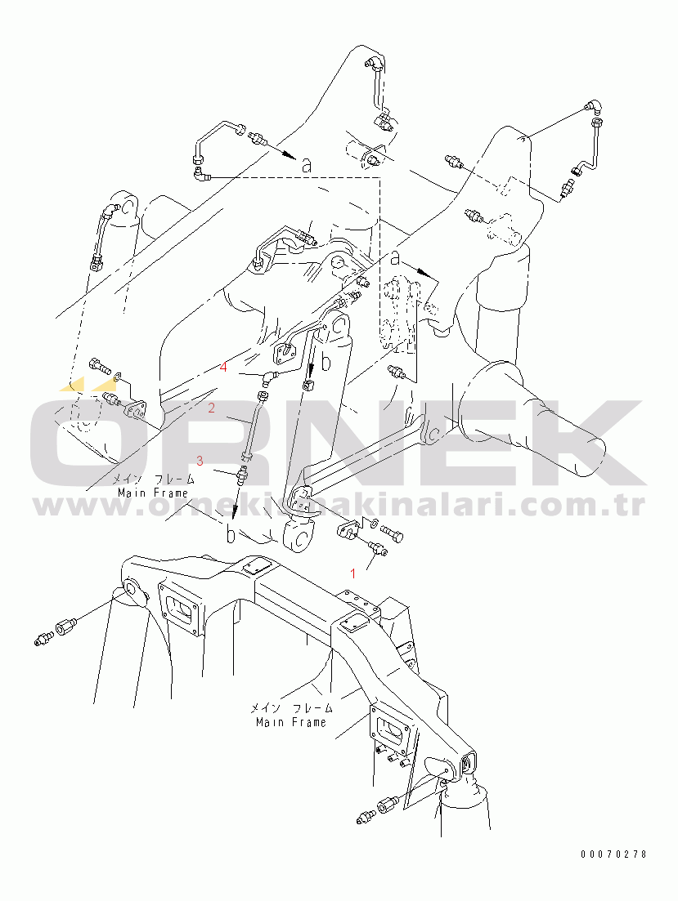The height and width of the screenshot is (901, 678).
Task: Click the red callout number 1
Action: (x=353, y=573)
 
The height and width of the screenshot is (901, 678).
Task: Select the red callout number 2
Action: (x=212, y=408)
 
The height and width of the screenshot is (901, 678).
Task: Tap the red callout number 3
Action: (x=200, y=460)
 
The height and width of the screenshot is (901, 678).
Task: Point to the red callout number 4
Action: (x=223, y=367)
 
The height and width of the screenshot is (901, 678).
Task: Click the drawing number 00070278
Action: (x=613, y=854)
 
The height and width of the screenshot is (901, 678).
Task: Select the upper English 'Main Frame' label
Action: (x=153, y=493)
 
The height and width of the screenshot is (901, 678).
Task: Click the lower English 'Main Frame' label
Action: (x=291, y=722)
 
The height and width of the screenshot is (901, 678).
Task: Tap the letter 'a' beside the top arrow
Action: (x=307, y=166)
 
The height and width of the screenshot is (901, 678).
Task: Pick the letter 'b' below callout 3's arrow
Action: (x=230, y=533)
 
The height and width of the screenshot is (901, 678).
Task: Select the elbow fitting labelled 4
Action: (x=271, y=377)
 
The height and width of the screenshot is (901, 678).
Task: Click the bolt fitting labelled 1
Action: (x=379, y=548)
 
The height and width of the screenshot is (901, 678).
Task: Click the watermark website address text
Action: (x=339, y=506)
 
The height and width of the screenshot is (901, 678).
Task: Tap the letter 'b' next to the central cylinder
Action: (x=326, y=363)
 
